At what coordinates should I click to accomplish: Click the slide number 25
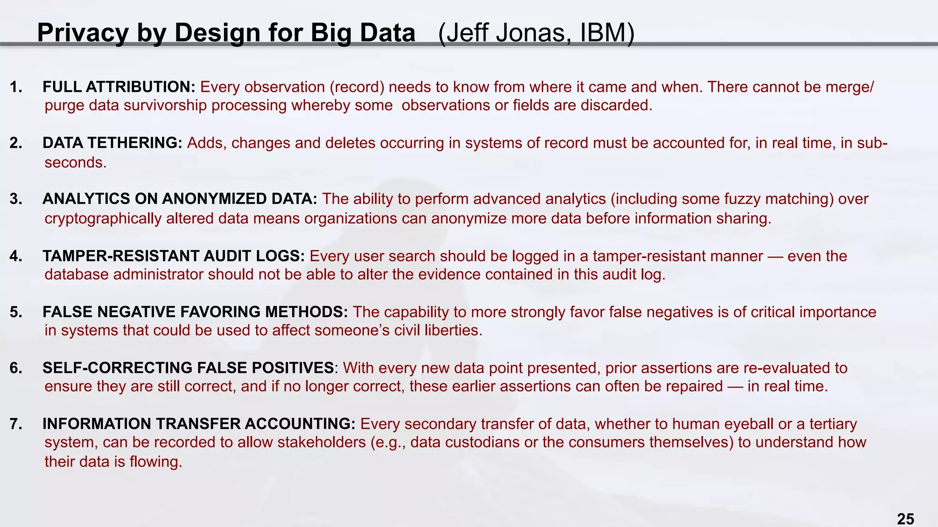pyautogui.click(x=905, y=519)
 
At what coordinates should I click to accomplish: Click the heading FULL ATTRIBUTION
pyautogui.click(x=119, y=86)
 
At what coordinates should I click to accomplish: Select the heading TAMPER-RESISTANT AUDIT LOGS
pyautogui.click(x=174, y=256)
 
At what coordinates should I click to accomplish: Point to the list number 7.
pyautogui.click(x=16, y=424)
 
